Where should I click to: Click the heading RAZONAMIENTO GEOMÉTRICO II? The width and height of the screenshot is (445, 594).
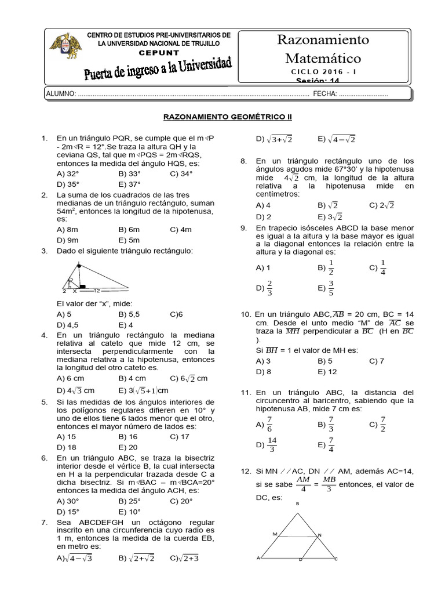pyautogui.click(x=228, y=117)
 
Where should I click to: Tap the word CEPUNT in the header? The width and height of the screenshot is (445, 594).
pyautogui.click(x=158, y=51)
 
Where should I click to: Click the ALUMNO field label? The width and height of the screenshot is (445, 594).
pyautogui.click(x=60, y=94)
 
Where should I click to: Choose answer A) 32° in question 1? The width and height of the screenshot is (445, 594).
pyautogui.click(x=67, y=173)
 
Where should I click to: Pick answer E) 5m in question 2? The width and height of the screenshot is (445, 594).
pyautogui.click(x=130, y=240)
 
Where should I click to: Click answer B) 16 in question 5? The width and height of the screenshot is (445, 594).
pyautogui.click(x=127, y=436)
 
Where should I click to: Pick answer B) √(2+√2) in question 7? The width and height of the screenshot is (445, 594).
pyautogui.click(x=136, y=558)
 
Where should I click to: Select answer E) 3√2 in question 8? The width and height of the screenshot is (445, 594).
pyautogui.click(x=329, y=216)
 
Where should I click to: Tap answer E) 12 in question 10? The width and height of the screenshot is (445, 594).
pyautogui.click(x=327, y=372)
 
